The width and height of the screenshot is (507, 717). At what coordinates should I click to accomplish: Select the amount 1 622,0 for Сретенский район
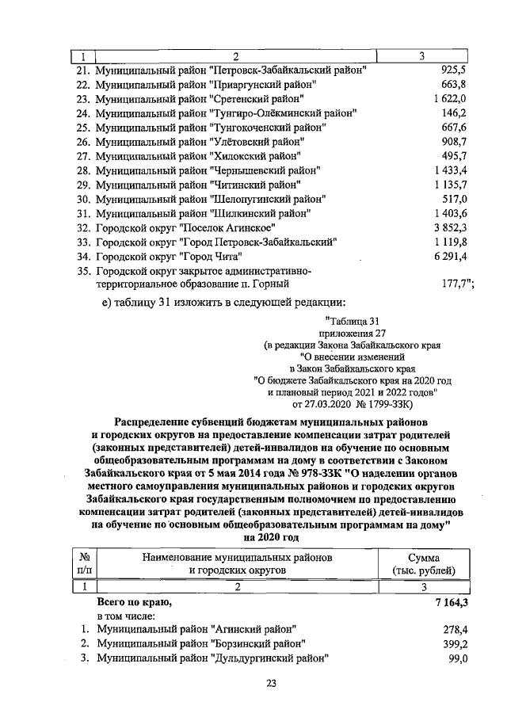pos(449,98)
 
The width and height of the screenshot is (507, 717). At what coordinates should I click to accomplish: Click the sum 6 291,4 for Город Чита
pos(449,256)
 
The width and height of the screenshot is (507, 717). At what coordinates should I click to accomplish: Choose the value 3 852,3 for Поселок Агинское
pos(449,227)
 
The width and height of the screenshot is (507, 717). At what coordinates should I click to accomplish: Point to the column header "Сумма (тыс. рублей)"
pos(423,563)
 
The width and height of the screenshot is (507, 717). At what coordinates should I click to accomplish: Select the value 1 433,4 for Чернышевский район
pos(449,170)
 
